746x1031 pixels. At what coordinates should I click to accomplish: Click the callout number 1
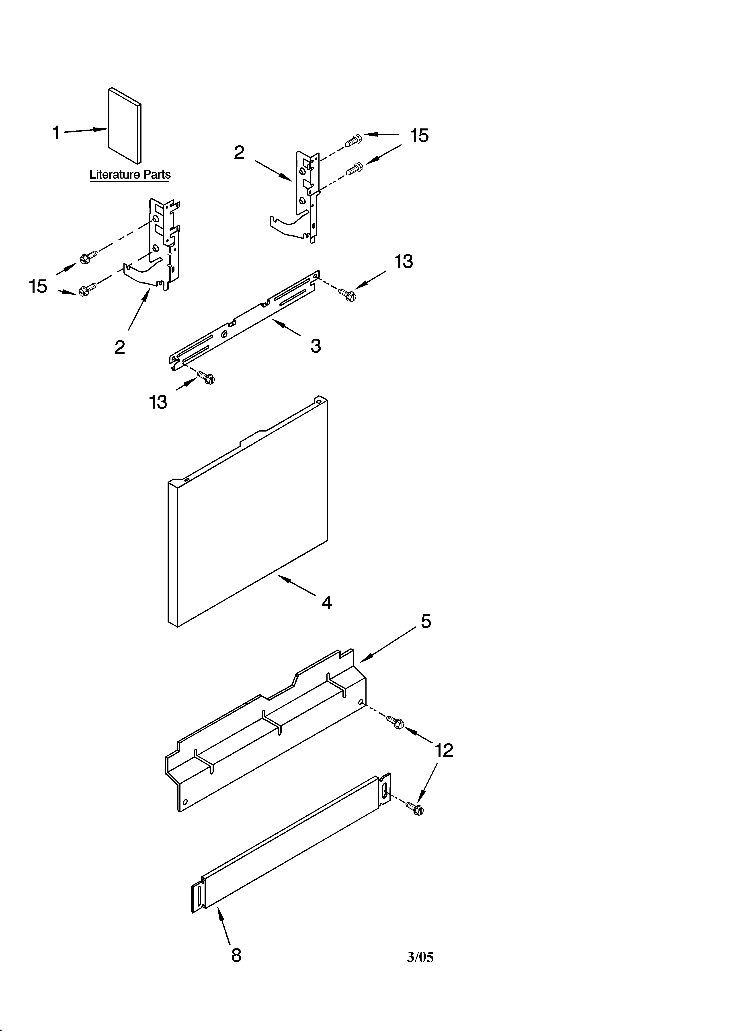pos(56,133)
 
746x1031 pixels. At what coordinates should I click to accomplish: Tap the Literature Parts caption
pos(130,175)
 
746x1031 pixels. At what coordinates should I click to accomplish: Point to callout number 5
pos(426,621)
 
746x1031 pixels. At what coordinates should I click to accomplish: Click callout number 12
pos(444,750)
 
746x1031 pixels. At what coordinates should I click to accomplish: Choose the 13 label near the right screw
pos(404,261)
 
